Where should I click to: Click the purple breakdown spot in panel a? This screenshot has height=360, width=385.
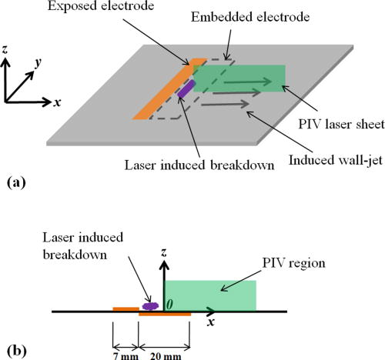point(186,90)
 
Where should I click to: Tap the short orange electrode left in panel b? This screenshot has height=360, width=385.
point(126,309)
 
